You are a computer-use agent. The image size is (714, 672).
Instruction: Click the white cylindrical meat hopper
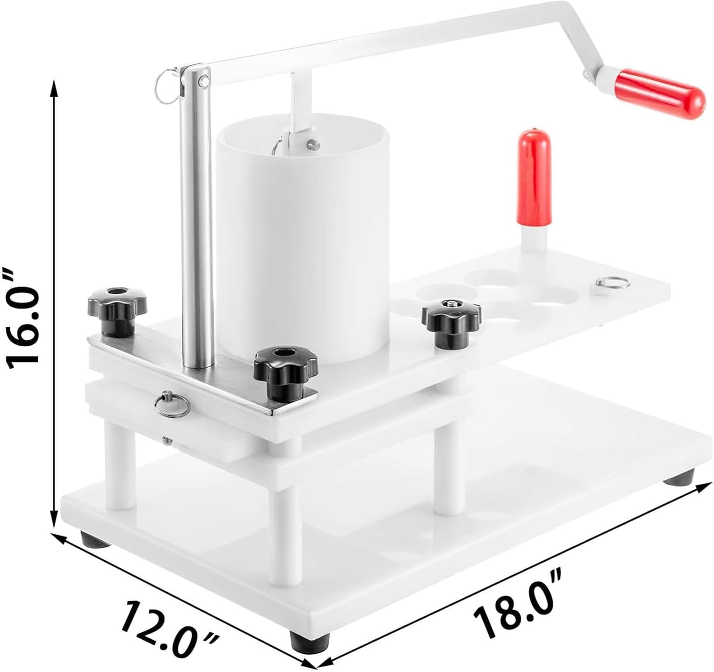click(x=302, y=237)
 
